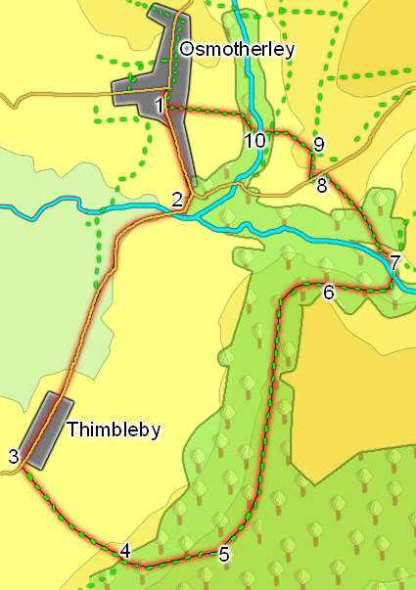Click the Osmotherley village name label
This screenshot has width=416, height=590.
click(x=237, y=49)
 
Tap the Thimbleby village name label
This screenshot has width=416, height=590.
click(x=114, y=430)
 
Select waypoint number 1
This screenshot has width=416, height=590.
click(x=159, y=106)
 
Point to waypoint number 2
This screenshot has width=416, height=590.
click(x=177, y=200)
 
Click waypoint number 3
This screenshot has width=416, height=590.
click(x=13, y=456)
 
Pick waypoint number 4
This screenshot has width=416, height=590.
click(x=124, y=552)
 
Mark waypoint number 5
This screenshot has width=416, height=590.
click(x=224, y=554)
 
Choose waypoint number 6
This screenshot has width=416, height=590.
click(x=328, y=292)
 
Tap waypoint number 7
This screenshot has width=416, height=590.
click(x=394, y=262)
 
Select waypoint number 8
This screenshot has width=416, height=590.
click(x=321, y=185)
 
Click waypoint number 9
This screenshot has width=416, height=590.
click(x=318, y=145)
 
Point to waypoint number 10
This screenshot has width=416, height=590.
click(x=254, y=141)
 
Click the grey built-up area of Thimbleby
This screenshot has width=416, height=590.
click(x=45, y=429)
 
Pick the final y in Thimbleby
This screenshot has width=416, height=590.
click(x=156, y=432)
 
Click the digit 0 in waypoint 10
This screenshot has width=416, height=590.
click(x=260, y=141)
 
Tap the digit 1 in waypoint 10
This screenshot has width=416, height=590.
click(x=249, y=141)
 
